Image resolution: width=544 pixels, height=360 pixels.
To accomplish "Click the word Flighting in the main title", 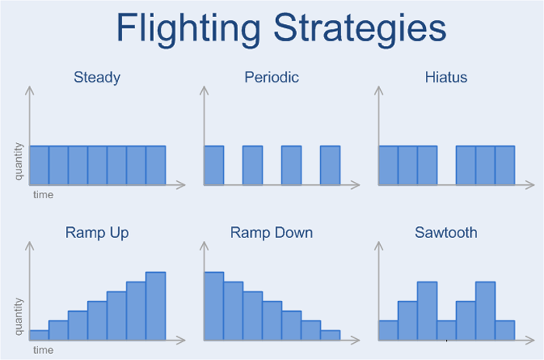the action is [x=188, y=29].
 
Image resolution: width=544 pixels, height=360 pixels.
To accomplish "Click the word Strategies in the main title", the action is [x=360, y=29].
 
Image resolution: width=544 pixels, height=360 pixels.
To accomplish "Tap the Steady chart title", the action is [x=97, y=78].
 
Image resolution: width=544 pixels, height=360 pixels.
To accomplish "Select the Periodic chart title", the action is [x=272, y=77].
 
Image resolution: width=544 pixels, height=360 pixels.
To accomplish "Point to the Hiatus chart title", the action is [x=446, y=77].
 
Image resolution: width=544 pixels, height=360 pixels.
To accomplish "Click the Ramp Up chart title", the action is [x=97, y=232].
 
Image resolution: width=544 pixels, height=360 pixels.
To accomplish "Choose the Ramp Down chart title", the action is [x=272, y=232].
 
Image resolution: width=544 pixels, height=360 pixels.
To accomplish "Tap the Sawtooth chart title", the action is [x=446, y=232].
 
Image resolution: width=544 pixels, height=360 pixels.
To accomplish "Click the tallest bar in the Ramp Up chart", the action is [x=155, y=306].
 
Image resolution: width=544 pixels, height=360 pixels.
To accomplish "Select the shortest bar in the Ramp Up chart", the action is [x=39, y=335].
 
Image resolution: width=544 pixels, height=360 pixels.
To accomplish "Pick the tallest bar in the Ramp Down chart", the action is [x=214, y=306].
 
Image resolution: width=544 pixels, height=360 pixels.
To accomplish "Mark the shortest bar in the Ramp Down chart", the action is [x=330, y=335].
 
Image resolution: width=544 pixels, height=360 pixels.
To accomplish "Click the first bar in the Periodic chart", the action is [x=214, y=166].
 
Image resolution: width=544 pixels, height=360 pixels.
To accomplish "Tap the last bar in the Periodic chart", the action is [x=330, y=166].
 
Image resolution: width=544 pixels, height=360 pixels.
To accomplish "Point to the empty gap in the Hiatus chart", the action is [x=447, y=166].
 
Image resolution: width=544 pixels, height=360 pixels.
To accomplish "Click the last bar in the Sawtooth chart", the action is [x=505, y=330].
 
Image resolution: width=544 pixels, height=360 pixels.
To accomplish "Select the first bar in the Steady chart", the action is [x=39, y=166].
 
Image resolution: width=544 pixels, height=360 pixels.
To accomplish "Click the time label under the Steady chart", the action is [x=44, y=194].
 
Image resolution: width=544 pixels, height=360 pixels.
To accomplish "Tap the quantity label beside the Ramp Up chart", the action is [x=19, y=316].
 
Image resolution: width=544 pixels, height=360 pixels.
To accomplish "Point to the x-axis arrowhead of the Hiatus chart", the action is [x=529, y=185].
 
